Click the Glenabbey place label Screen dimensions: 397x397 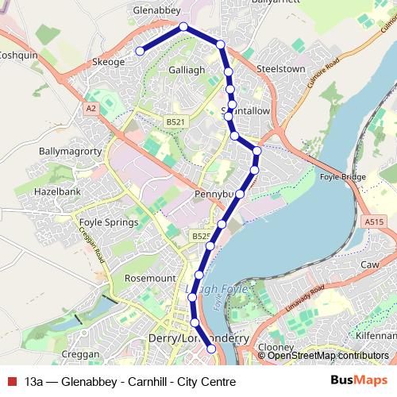pos(158,10)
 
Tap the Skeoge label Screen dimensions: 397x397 pos(109,62)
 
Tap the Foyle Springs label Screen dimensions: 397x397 pos(105,222)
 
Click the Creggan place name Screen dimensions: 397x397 pos(80,354)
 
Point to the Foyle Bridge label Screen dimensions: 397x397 pos(341,178)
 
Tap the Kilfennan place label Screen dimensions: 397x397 pos(376,336)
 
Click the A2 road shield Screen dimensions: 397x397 pos(92,106)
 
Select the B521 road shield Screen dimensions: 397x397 pos(175,121)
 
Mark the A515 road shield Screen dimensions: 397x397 pos(375,222)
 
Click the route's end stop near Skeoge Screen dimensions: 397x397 pos(139,51)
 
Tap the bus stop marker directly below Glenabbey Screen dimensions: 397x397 pos(183,27)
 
